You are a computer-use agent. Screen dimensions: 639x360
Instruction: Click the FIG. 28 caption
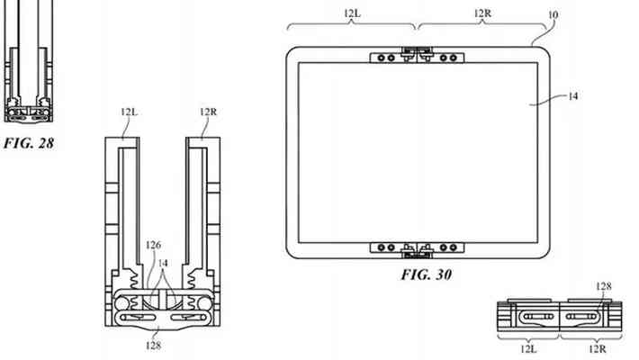click(x=29, y=143)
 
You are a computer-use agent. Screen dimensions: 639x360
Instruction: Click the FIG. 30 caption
click(x=427, y=274)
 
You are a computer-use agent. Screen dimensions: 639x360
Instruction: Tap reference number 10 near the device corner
click(x=553, y=15)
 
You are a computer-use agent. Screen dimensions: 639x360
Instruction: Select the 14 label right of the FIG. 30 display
click(x=573, y=96)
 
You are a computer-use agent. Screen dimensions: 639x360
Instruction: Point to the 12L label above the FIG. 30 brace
click(x=352, y=13)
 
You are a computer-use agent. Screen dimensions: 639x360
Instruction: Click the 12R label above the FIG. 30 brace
click(x=482, y=13)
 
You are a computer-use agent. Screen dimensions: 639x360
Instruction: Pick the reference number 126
click(x=153, y=245)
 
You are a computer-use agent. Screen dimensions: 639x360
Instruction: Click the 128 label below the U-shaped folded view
click(x=153, y=346)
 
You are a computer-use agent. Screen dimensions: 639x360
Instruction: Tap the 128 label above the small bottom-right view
click(x=604, y=286)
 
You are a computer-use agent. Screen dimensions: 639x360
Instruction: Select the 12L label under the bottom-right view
click(x=528, y=349)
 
